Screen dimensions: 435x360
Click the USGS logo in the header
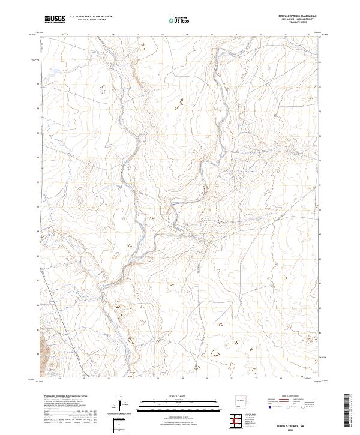tap(55, 20)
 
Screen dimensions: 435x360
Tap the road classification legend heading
tap(292, 396)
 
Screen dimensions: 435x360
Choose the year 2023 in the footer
tap(299, 427)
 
